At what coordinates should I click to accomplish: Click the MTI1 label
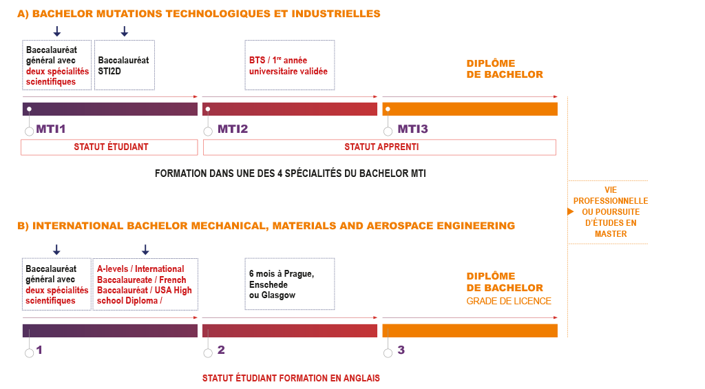(52, 129)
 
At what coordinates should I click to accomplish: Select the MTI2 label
(233, 129)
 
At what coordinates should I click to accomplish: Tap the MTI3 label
(412, 129)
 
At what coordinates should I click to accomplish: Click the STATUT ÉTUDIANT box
(110, 147)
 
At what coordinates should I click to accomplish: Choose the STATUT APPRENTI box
(379, 147)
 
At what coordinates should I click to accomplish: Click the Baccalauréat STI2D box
(124, 65)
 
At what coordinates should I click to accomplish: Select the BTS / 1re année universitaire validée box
(290, 65)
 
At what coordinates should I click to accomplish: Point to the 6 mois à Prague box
(290, 284)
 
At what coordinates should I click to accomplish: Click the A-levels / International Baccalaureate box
(145, 284)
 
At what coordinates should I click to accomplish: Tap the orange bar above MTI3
(470, 109)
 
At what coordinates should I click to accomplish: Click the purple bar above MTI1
(110, 109)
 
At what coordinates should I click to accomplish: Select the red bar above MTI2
(290, 109)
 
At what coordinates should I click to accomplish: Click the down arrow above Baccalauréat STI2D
(125, 31)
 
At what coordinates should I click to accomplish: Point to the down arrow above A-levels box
(145, 249)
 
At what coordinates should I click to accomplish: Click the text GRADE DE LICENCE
(509, 301)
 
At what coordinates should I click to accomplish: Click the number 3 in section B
(401, 350)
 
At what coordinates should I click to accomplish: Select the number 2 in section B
(221, 350)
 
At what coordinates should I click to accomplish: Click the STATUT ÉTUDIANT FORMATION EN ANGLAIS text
(291, 378)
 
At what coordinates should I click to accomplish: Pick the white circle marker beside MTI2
(208, 132)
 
